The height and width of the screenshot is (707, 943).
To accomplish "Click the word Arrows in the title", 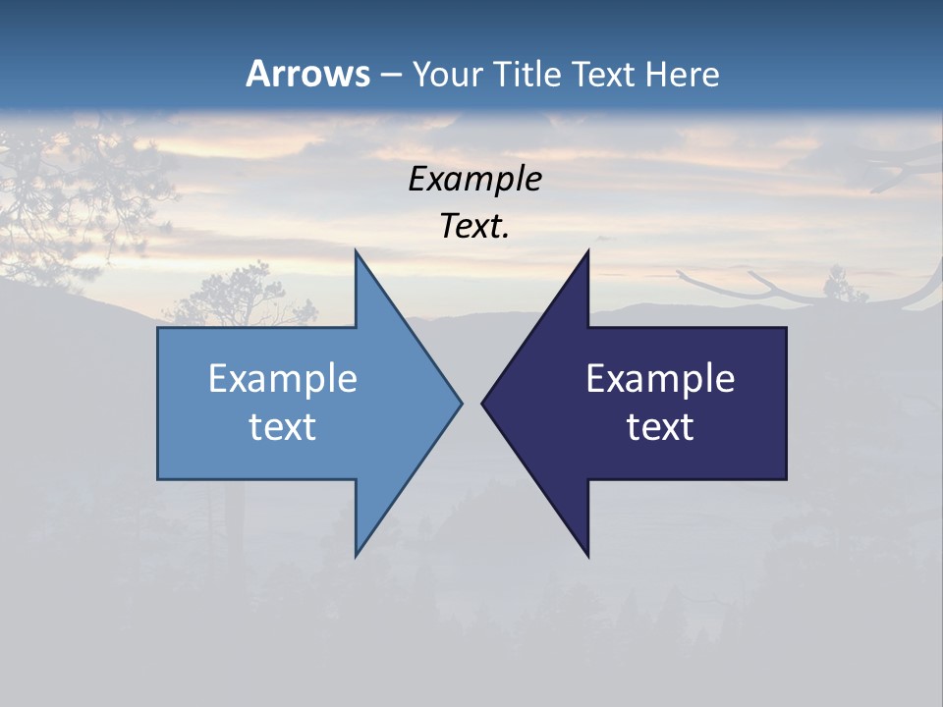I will coord(307,74).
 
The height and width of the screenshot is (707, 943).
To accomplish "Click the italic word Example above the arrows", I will coord(474,179).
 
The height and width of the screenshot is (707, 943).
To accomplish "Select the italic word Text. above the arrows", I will coord(474,227).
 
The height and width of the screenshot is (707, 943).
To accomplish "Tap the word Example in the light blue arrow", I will coord(283,379).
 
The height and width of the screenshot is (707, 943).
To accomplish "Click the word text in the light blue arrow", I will coord(283,427).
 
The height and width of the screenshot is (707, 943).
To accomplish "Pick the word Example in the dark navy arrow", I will coord(660,379).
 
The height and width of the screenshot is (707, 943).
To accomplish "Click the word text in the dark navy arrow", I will coord(660,427).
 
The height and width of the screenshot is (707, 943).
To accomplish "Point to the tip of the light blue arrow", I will coord(461,403).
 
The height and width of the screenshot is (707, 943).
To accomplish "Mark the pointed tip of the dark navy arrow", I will coord(482,403).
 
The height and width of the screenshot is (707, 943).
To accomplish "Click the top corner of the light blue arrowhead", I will coord(356,251).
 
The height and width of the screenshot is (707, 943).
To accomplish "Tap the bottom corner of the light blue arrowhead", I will coord(356,556).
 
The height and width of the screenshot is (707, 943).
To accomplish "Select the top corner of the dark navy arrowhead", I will coord(588,251).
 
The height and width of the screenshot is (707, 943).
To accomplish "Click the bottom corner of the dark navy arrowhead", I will coord(588,556).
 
